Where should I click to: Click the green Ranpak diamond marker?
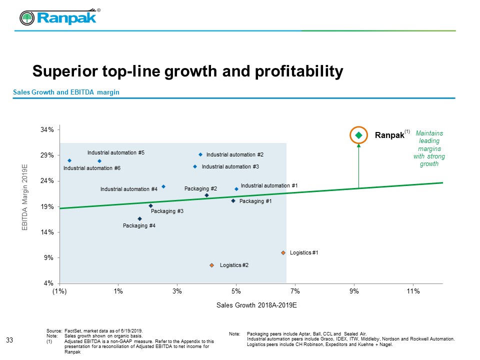click(358, 135)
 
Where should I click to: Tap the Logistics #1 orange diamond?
click(283, 253)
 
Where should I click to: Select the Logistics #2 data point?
click(212, 265)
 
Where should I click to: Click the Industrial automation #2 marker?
click(200, 154)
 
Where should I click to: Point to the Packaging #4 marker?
click(139, 218)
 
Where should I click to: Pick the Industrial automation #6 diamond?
click(69, 160)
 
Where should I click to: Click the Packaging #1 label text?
click(255, 201)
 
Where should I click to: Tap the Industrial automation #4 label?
click(129, 189)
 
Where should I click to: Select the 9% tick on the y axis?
click(49, 258)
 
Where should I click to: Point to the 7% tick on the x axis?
click(295, 290)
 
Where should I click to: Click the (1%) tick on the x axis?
click(59, 290)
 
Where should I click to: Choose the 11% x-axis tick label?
click(413, 290)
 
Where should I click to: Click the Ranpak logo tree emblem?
click(27, 18)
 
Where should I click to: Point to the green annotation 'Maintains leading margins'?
click(429, 148)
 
